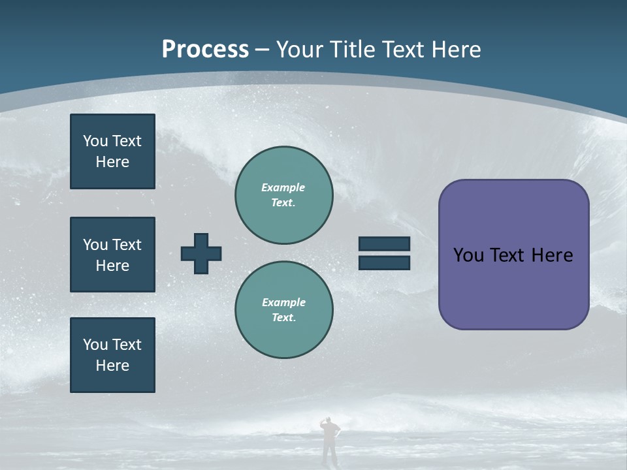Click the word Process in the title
point(205,50)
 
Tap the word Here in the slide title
point(455,50)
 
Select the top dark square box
point(112,151)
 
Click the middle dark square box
point(112,255)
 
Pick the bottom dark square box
point(112,355)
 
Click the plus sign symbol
point(201,253)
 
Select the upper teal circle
point(284,195)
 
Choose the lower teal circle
point(284,310)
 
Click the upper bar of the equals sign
point(384,244)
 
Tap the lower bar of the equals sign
point(384,262)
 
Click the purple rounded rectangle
point(513,287)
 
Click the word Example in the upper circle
point(283,187)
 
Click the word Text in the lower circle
point(283,318)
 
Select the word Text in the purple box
point(507,255)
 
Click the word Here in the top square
point(112,162)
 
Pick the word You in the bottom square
point(95,345)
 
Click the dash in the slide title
point(263,50)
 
